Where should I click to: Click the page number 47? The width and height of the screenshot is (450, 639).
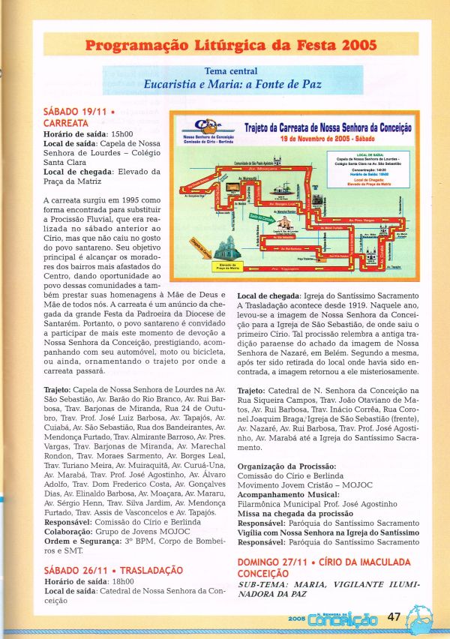pos(394,617)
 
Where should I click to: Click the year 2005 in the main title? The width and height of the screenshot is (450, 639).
pos(358,45)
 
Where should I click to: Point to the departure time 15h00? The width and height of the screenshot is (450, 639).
pos(124,133)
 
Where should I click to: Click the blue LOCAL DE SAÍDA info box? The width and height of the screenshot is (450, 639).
pos(367,165)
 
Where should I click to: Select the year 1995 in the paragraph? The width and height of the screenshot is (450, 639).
pos(128,201)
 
